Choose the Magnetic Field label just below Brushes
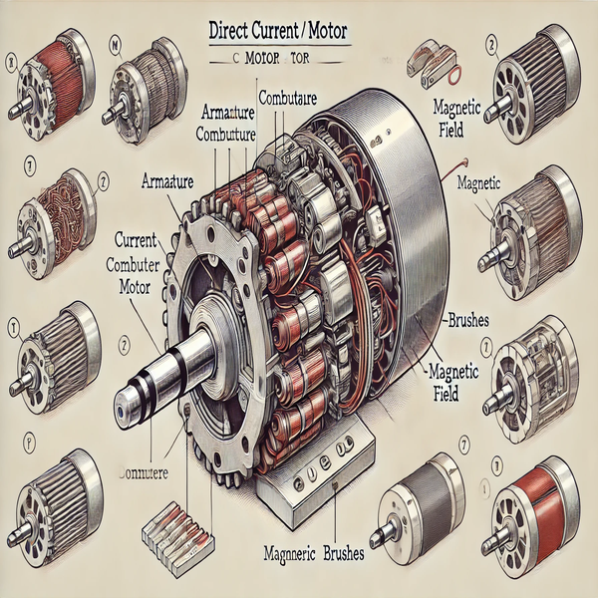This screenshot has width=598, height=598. point(454,381)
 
